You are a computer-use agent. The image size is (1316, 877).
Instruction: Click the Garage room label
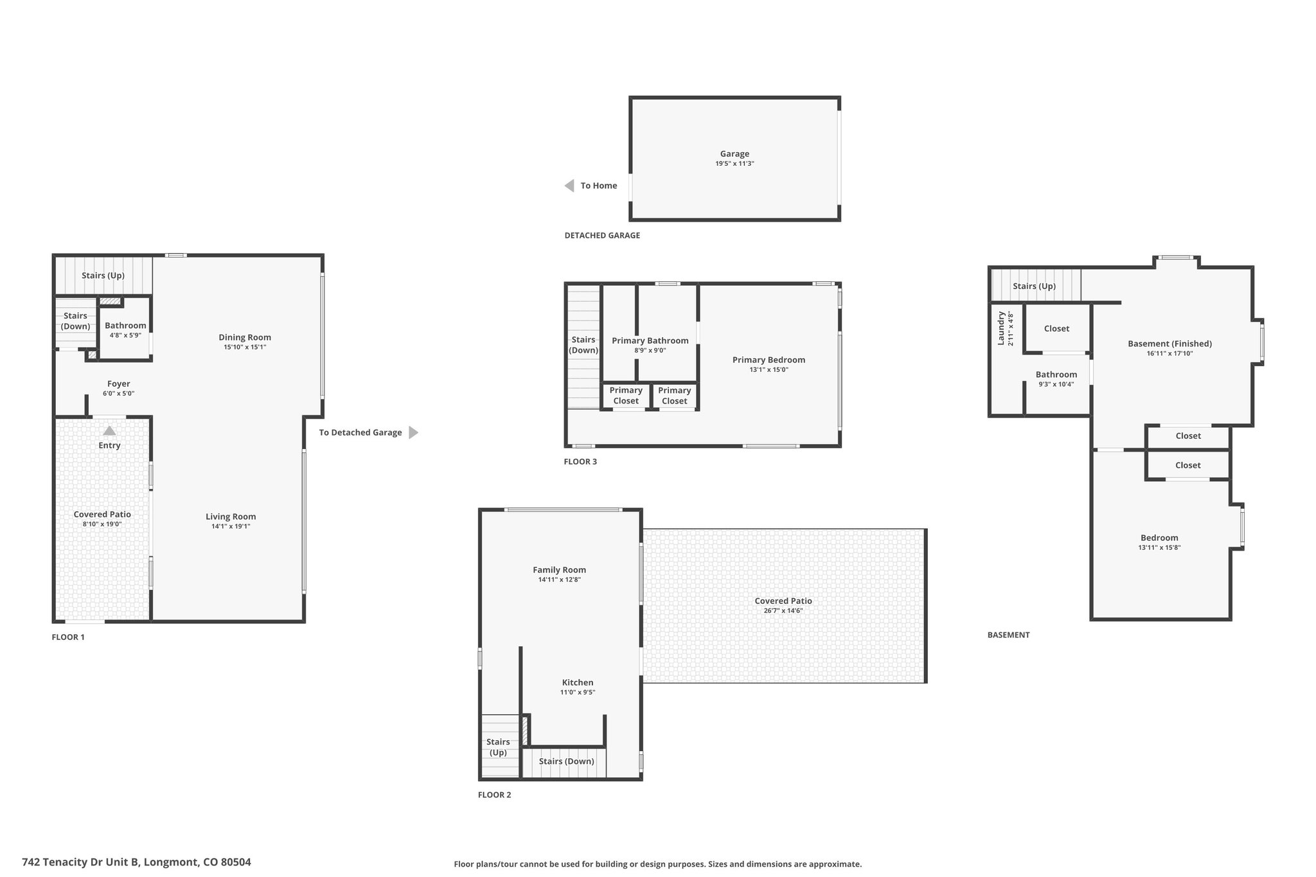click(x=734, y=154)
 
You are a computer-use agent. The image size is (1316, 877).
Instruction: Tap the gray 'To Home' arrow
click(x=569, y=186)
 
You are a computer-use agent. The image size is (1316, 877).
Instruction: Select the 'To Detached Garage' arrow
click(x=413, y=432)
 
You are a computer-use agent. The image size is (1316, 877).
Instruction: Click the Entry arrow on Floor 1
click(x=109, y=430)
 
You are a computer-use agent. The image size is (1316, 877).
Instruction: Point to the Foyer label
click(x=119, y=384)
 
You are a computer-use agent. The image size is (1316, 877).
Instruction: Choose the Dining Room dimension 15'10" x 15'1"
click(x=245, y=347)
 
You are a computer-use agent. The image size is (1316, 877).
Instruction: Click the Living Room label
click(x=231, y=517)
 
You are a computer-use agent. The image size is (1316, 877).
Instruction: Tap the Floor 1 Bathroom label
click(x=125, y=326)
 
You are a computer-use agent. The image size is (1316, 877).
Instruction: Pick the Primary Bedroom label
click(x=769, y=360)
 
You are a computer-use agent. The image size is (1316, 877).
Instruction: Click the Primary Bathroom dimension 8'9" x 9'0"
click(x=650, y=351)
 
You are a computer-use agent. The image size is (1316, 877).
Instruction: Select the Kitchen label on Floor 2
click(x=578, y=682)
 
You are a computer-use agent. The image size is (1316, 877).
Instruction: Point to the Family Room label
click(x=559, y=570)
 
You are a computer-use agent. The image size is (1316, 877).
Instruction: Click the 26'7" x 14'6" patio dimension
click(x=783, y=611)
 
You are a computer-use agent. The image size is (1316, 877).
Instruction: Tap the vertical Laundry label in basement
click(x=1001, y=328)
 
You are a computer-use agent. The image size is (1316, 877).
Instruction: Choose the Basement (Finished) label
click(x=1169, y=344)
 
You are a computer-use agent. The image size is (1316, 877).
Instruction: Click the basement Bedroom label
click(x=1159, y=538)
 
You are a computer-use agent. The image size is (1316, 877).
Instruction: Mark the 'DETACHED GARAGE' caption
click(x=602, y=235)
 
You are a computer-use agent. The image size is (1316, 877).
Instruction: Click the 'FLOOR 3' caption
click(x=580, y=461)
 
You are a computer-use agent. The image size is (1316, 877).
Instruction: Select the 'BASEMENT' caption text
click(x=1008, y=635)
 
